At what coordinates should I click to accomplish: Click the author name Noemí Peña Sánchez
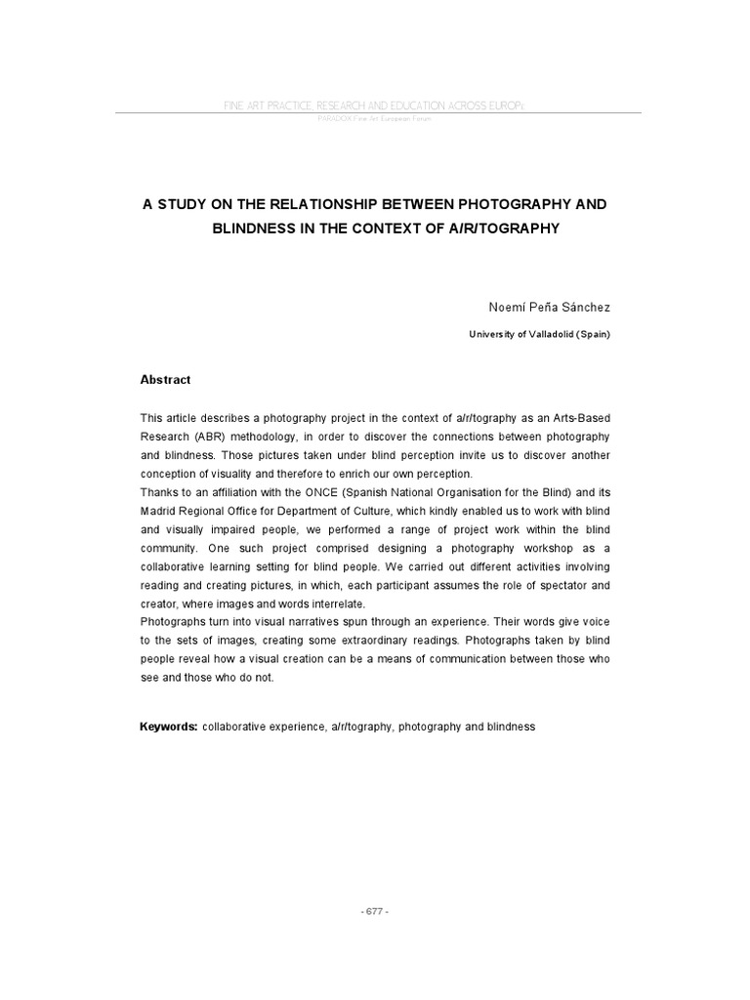click(549, 307)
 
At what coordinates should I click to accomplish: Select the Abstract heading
click(165, 380)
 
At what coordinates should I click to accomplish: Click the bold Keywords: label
click(169, 728)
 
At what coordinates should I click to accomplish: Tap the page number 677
click(375, 910)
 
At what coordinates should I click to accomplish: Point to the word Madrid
click(159, 511)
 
